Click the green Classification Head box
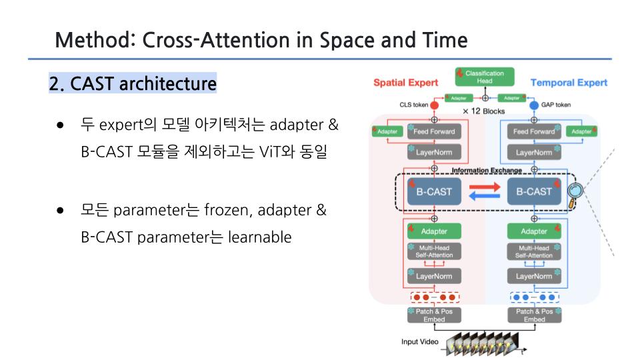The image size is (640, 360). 485,77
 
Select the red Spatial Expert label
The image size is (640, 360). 405,83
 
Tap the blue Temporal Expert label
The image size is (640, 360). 569,83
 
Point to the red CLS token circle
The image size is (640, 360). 434,105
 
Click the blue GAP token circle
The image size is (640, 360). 534,105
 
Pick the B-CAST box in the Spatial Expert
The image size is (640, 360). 434,191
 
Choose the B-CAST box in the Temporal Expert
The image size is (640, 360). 534,191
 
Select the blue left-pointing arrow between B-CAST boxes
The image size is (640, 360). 484,197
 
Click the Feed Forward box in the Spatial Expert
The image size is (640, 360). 434,131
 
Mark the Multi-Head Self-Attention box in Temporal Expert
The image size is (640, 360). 534,252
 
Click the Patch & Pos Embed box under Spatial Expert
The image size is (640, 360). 434,315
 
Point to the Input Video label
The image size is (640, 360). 419,342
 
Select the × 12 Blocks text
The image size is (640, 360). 484,111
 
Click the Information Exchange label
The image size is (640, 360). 487,171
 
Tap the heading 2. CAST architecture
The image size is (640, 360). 133,85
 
